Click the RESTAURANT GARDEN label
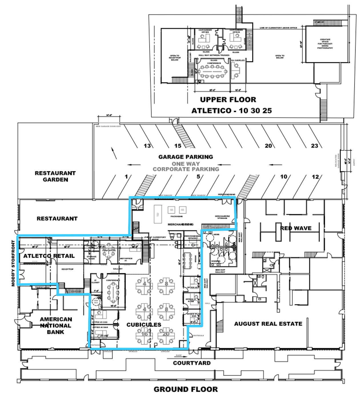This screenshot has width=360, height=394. (55, 176)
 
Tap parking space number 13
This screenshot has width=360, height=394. (147, 146)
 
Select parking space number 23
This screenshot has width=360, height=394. (314, 146)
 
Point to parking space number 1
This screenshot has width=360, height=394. (126, 176)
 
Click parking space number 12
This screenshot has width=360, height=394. (315, 177)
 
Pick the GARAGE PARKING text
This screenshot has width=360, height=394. (186, 157)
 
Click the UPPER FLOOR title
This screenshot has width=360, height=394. (228, 100)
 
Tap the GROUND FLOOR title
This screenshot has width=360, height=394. (186, 389)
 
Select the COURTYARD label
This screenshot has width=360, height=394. (192, 363)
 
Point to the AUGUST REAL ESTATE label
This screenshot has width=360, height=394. (268, 323)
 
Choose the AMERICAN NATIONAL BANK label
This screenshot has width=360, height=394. (56, 325)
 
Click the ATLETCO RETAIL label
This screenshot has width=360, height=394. (49, 256)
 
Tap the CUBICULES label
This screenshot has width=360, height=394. (144, 325)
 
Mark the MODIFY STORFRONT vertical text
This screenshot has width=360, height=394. (13, 263)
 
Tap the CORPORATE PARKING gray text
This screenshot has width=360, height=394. (186, 169)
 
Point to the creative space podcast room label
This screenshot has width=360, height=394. (325, 44)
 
